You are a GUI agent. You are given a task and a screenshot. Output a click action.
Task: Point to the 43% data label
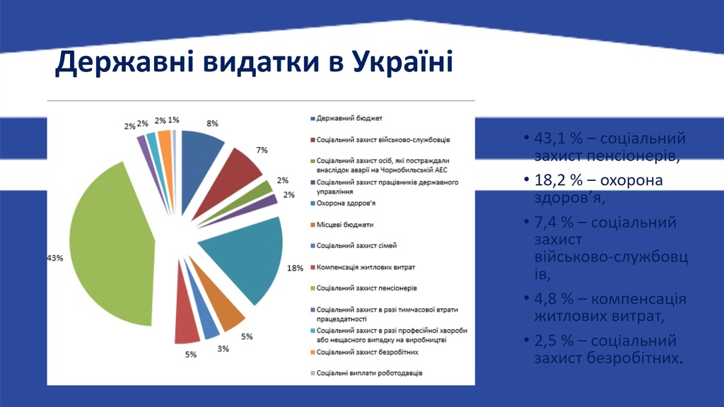click(x=54, y=259)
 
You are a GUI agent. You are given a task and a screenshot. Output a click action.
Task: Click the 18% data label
click(x=295, y=268)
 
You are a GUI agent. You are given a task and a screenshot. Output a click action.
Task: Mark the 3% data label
click(x=223, y=349)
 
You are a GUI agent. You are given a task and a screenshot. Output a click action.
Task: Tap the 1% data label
click(x=173, y=120)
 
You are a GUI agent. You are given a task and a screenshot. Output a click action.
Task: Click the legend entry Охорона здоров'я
click(x=346, y=204)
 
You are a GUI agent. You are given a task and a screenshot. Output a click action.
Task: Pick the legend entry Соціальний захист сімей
click(x=356, y=246)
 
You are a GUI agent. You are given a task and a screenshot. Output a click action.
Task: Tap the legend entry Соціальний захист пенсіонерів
click(x=366, y=288)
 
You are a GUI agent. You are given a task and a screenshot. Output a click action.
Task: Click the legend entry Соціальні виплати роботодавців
click(x=369, y=372)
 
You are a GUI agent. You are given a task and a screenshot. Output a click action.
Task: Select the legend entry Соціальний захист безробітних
click(x=368, y=351)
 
